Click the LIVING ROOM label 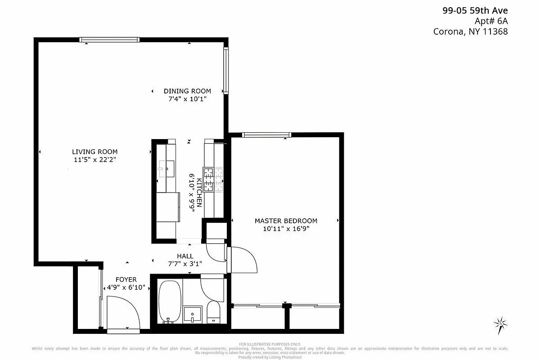(x=94, y=152)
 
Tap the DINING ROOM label (x=187, y=91)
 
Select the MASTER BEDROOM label (x=286, y=220)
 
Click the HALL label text (x=185, y=256)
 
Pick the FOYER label (x=126, y=279)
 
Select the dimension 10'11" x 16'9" (x=286, y=229)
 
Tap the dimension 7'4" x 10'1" (x=187, y=99)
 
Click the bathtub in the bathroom (x=170, y=301)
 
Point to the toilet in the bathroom (x=213, y=312)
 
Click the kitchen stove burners (x=213, y=180)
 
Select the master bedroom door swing (x=243, y=260)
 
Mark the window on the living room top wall (x=109, y=40)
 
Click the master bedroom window (x=266, y=135)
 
